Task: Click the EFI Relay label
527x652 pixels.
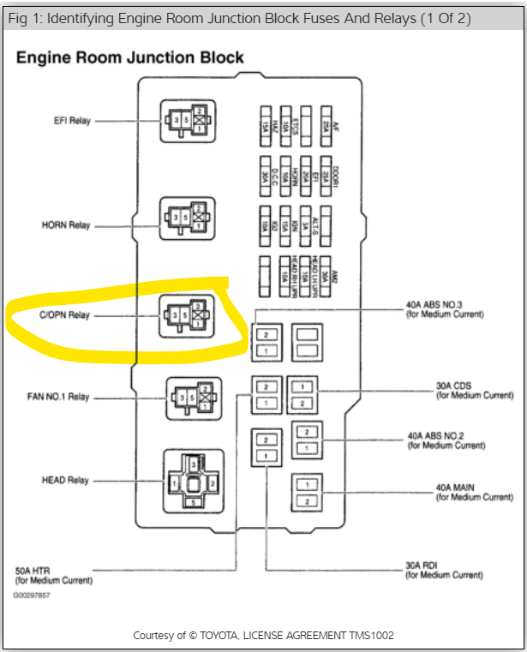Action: point(72,121)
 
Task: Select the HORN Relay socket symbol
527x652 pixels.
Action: point(187,218)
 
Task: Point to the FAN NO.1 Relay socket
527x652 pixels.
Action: point(192,398)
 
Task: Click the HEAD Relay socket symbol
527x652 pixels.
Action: point(193,482)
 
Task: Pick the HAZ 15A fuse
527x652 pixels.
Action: point(266,123)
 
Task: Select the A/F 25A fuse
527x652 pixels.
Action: point(326,123)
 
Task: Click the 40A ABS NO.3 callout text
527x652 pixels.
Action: point(445,309)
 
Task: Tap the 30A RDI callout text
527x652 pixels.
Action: point(445,570)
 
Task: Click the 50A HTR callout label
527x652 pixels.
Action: point(52,575)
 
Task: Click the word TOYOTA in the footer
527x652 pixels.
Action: point(221,636)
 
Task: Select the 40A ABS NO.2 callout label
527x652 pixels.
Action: point(446,440)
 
